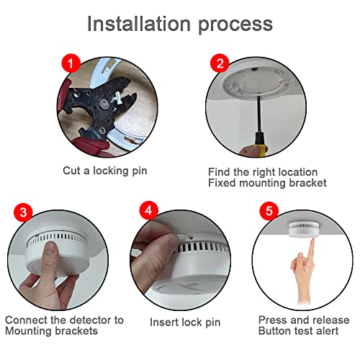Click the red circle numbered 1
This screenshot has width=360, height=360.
(71, 63)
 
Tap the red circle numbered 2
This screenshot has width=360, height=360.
(220, 63)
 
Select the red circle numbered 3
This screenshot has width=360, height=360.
(23, 212)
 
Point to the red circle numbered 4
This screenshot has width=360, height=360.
(149, 210)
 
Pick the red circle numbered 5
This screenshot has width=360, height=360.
(269, 211)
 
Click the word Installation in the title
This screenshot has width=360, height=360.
(139, 24)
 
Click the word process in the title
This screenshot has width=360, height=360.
(235, 25)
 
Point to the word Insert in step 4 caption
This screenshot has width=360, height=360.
(164, 322)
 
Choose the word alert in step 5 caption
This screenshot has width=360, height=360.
(328, 331)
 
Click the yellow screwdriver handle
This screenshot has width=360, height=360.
(260, 145)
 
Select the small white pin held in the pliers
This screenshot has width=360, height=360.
(118, 97)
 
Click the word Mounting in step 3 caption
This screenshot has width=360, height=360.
(28, 331)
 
